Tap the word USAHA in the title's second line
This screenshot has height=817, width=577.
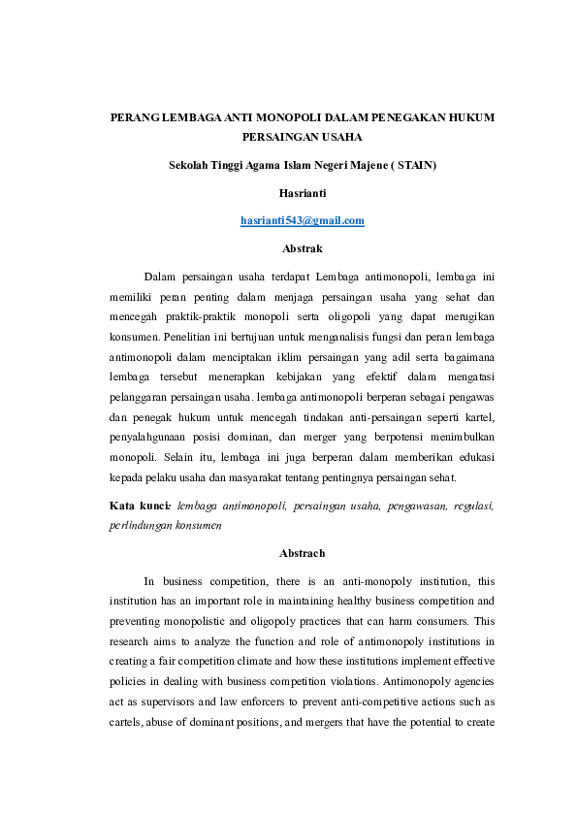tap(337, 137)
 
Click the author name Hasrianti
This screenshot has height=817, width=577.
tap(302, 193)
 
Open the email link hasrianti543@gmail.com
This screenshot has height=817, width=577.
tap(302, 220)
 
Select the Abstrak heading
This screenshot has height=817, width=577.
tap(302, 248)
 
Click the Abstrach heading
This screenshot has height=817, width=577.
tap(302, 553)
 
